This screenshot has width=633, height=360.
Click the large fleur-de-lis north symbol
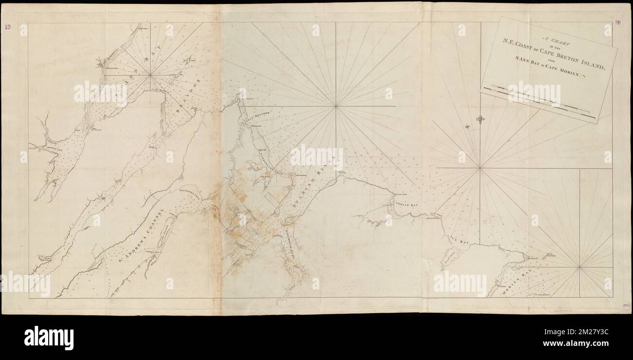480,119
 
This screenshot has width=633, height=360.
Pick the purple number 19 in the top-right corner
617,22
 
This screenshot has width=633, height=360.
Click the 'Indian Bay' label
407,205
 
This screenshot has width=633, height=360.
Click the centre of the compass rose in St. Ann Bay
151,75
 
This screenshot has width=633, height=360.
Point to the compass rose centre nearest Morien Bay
579,266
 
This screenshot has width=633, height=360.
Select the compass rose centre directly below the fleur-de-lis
480,168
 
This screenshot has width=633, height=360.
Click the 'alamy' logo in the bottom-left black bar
49,338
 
